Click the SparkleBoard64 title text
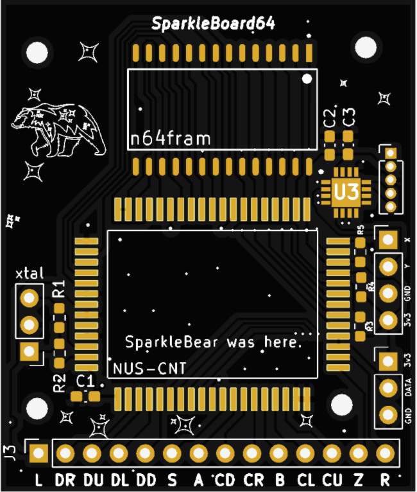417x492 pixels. (213, 24)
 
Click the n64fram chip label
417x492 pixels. (171, 138)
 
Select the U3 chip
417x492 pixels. (346, 192)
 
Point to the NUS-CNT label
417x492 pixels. (149, 369)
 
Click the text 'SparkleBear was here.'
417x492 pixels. (213, 342)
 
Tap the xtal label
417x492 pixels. (30, 274)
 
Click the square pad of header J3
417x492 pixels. (38, 453)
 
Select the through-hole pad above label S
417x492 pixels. (172, 453)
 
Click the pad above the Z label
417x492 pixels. (359, 453)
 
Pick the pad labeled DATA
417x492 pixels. (388, 388)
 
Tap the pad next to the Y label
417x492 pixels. (388, 267)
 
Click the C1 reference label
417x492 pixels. (85, 382)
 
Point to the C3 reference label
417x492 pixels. (349, 117)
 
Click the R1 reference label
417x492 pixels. (59, 288)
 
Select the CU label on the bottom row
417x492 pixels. (332, 480)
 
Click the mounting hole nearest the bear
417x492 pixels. (37, 52)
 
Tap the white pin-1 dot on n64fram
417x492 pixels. (307, 78)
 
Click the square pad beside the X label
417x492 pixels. (388, 240)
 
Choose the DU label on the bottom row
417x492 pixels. (94, 480)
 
